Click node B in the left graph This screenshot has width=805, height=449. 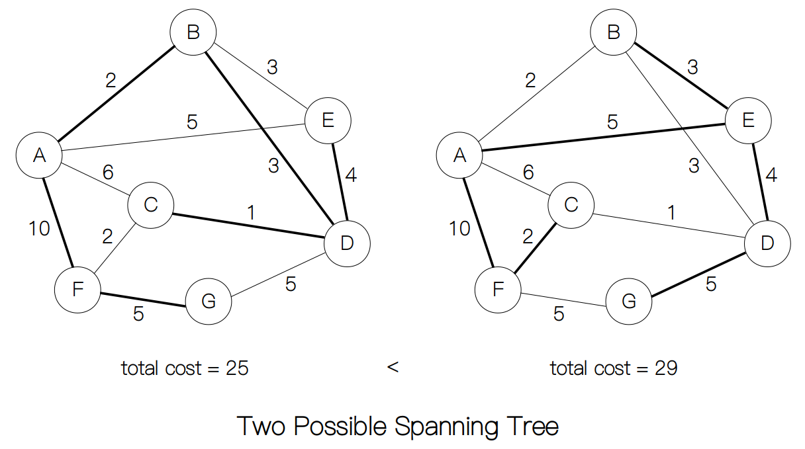(193, 32)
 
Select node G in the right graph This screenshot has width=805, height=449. (629, 302)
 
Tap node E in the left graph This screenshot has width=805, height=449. (328, 120)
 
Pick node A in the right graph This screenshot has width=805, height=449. (459, 156)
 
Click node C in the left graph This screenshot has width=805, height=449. (150, 205)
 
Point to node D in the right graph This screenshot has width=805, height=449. (767, 243)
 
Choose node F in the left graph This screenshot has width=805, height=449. (77, 288)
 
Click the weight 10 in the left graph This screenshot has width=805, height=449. (39, 229)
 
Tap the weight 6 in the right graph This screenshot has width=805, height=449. (528, 173)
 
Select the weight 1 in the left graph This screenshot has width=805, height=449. (251, 213)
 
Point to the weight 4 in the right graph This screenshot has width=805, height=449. (770, 176)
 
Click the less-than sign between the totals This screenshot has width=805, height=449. (393, 367)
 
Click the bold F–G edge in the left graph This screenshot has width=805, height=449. (142, 300)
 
